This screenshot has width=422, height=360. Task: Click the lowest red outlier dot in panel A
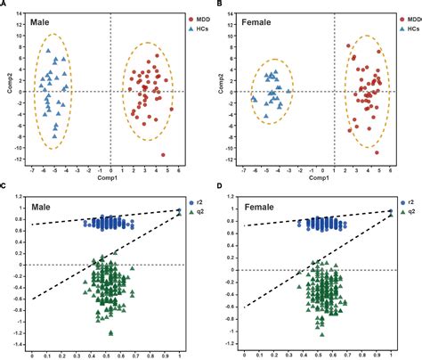164,154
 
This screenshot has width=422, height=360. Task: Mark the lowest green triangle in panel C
110,332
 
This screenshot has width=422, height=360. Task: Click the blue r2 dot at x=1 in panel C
179,210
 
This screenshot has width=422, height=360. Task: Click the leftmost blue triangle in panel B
254,100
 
